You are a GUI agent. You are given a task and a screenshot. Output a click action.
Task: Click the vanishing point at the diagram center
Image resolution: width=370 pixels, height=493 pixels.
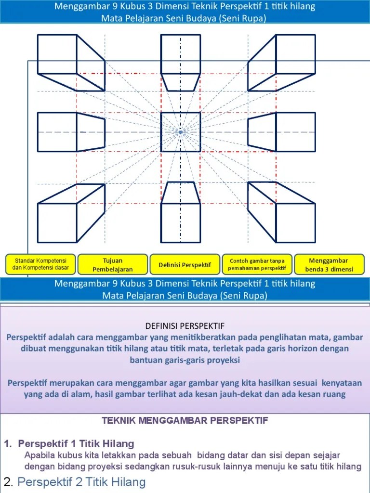coord(181,132)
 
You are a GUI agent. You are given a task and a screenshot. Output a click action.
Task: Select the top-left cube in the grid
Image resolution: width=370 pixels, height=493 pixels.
coord(71,62)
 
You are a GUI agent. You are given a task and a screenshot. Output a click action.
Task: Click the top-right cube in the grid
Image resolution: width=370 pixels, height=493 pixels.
coord(282,62)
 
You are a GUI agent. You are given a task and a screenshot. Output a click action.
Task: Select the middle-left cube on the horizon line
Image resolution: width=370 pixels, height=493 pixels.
coord(71,131)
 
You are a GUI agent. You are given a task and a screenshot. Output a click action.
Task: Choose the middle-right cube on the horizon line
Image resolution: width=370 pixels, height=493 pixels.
coord(282,131)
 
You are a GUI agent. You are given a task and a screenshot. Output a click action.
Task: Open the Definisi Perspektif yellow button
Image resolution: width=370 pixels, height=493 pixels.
coord(185,265)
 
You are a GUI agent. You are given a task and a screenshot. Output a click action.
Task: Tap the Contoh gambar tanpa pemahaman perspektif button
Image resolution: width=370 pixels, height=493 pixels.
coord(257,264)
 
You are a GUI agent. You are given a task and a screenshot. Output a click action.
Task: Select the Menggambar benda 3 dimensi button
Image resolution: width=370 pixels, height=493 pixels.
coord(329,264)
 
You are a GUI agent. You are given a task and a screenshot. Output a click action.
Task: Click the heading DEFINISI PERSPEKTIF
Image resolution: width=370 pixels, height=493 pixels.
coord(185,325)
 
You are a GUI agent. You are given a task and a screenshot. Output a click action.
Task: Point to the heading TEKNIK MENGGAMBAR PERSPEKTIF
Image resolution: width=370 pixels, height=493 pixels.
coord(185,420)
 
